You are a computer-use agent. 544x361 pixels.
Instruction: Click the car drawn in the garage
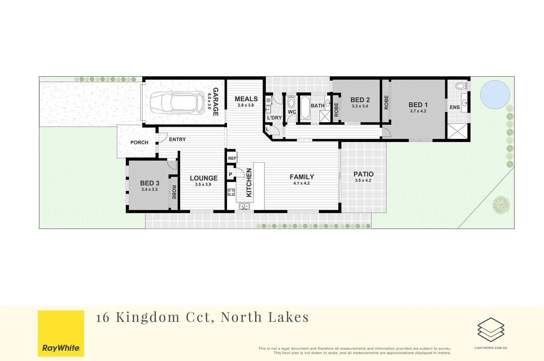pos(177,103)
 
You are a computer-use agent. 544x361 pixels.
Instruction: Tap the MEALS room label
pos(246,99)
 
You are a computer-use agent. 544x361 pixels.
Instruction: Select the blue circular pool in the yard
pos(495,94)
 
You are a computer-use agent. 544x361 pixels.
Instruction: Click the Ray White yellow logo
pos(61,333)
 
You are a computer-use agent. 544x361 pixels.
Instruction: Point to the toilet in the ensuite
pos(461,86)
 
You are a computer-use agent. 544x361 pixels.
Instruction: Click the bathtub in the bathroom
pos(305,108)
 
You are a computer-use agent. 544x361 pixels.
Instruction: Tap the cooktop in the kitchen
pos(231,192)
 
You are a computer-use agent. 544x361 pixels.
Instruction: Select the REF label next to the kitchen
pos(232,158)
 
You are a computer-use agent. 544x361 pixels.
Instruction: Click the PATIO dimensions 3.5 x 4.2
pos(363,180)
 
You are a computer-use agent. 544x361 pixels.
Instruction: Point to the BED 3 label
pos(150,183)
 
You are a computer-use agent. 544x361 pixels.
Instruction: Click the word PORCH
pos(139,142)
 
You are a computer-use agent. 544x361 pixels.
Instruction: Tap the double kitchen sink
pos(244,207)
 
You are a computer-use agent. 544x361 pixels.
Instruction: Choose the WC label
pos(292,112)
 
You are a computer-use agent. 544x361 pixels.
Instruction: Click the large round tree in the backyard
pos(501,205)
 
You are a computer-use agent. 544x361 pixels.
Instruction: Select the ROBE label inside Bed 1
pos(386,102)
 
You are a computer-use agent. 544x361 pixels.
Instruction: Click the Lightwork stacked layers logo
pos(491,330)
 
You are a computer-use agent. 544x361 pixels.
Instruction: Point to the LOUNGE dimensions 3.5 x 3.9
pos(203,185)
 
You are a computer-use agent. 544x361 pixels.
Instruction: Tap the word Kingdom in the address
pos(148,317)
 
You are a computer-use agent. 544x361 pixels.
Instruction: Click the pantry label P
pos(230,174)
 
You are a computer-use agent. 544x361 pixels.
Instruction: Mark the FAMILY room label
pos(302,177)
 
